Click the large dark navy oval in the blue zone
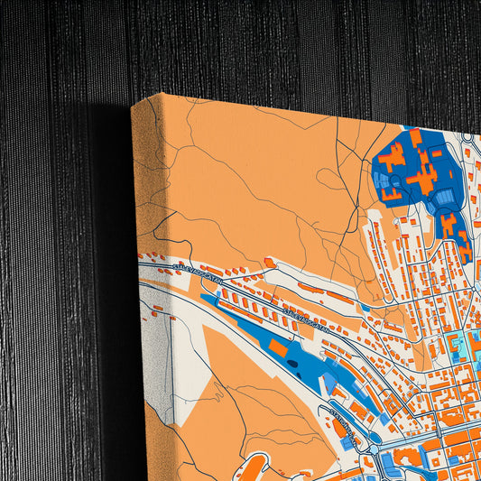295,365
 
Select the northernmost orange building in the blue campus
416,138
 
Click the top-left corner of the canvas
133,104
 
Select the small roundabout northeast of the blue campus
467,137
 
